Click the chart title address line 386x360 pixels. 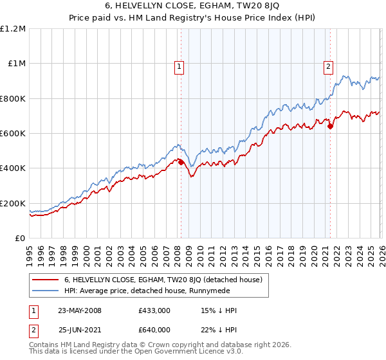pos(193,6)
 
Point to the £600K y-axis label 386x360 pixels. pos(13,134)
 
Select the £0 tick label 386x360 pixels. pos(21,239)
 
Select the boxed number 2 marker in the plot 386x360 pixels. pos(328,65)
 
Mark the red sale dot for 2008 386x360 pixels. pos(181,163)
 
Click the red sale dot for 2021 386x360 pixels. pos(330,127)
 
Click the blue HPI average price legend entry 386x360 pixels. pos(154,292)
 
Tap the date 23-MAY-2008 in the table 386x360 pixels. pos(80,310)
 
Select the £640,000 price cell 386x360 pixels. pos(154,328)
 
